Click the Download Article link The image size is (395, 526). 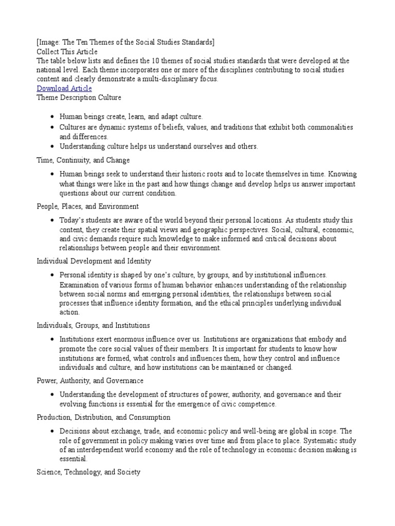(64, 88)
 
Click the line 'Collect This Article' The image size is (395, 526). (66, 51)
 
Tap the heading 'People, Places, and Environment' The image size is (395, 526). (87, 206)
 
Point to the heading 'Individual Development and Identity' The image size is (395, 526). (94, 261)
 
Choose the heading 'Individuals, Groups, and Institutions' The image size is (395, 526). (93, 325)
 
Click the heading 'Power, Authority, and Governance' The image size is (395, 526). (90, 381)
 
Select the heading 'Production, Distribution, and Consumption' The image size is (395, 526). (103, 417)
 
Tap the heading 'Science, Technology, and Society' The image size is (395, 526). (88, 472)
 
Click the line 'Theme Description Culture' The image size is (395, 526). (79, 97)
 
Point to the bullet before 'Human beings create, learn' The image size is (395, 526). (52, 117)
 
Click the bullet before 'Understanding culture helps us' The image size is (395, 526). (52, 146)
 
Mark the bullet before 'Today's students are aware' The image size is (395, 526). (52, 220)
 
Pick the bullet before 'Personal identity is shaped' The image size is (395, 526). (52, 275)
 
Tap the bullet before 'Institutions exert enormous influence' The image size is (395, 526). (52, 340)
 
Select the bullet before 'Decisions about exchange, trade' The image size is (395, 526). (52, 431)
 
